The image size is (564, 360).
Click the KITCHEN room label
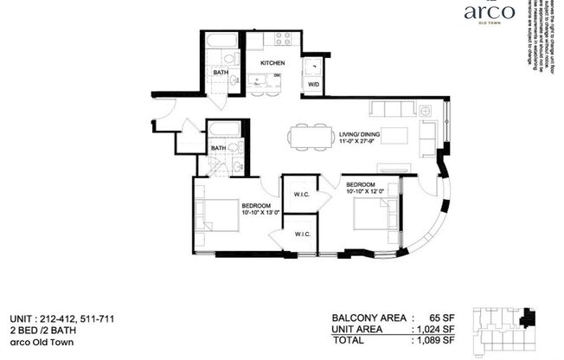pyautogui.click(x=274, y=63)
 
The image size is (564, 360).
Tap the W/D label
pyautogui.click(x=311, y=85)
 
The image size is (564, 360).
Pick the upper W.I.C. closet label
pyautogui.click(x=302, y=194)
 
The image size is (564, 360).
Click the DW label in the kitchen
pyautogui.click(x=278, y=76)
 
